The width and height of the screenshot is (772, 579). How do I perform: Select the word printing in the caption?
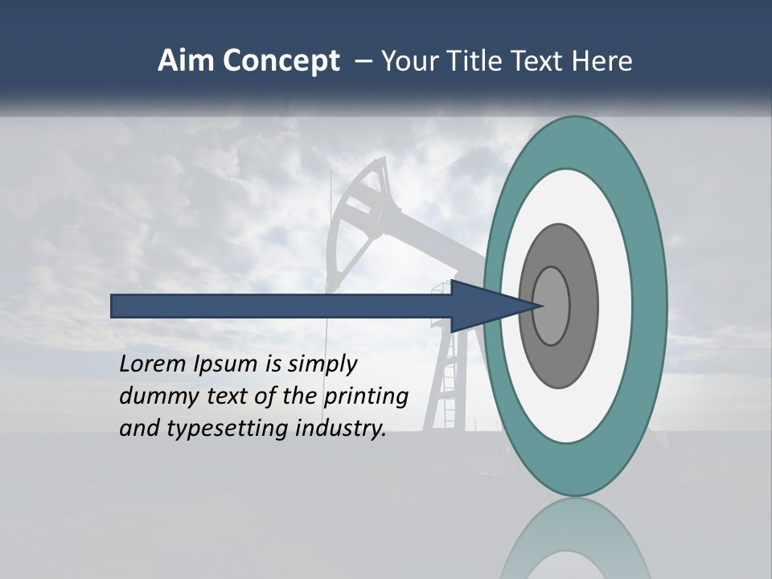coord(366,396)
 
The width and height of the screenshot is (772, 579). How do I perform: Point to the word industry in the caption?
coord(341,429)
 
